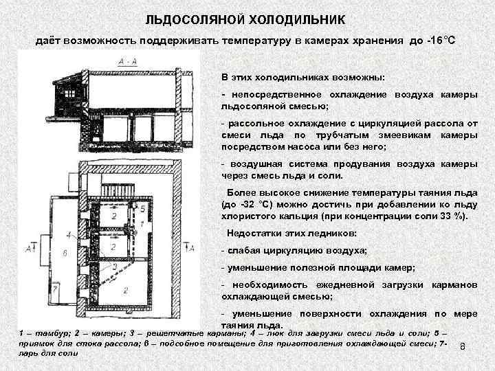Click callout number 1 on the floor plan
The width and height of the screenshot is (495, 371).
(x=142, y=224)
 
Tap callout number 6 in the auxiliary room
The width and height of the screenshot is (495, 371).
(x=64, y=253)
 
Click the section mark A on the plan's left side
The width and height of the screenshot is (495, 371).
(x=27, y=247)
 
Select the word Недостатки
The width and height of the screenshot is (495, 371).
(x=254, y=234)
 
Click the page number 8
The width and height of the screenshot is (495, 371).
(x=463, y=347)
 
